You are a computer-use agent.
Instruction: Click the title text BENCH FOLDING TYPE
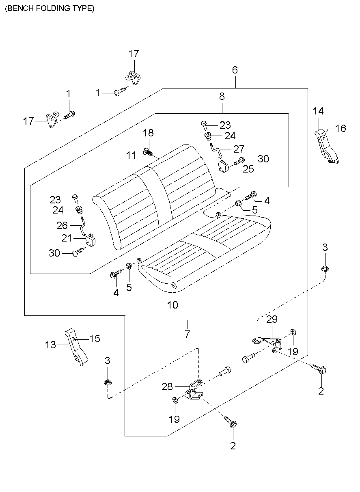tap(50, 9)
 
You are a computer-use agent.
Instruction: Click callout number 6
tap(235, 70)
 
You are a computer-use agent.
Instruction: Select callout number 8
tap(222, 96)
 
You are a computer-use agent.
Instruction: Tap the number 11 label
tap(131, 155)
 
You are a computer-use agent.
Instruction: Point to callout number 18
tap(148, 133)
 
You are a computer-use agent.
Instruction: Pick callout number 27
tap(239, 149)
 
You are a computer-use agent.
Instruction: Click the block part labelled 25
tap(224, 167)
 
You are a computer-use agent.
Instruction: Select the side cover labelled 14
tap(327, 146)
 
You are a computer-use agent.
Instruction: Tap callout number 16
tap(341, 128)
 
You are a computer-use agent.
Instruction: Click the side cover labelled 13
tap(76, 347)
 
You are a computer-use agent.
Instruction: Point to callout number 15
tap(95, 339)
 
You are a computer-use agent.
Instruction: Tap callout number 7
tap(187, 334)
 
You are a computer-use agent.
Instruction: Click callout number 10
tap(172, 304)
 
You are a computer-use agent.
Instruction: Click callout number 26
tap(62, 225)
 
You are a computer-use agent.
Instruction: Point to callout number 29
tap(272, 319)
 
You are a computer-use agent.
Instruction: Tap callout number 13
tap(50, 345)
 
